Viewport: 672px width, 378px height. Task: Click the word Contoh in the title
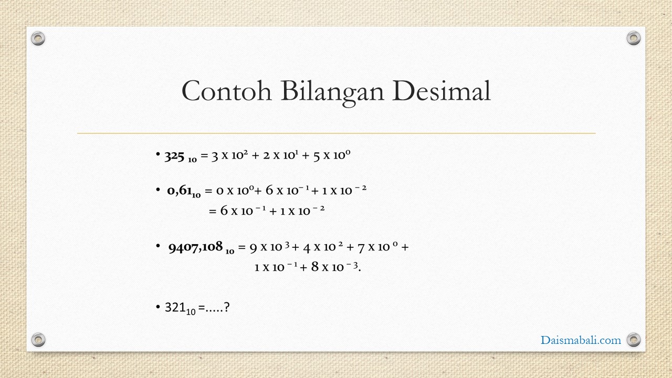point(227,91)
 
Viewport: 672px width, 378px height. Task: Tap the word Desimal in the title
point(442,91)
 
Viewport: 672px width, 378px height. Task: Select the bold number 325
point(174,156)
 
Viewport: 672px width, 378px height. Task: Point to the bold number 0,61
point(180,190)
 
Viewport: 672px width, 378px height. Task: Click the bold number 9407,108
point(196,247)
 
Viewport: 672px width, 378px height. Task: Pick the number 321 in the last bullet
point(175,307)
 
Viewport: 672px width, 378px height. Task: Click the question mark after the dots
point(227,307)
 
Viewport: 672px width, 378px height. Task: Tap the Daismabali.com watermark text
point(581,340)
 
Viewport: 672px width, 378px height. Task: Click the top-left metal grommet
point(38,38)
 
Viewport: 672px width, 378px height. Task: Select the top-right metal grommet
point(634,38)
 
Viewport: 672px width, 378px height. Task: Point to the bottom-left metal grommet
point(38,340)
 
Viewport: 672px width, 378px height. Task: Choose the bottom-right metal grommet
point(634,340)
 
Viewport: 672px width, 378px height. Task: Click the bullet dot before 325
point(158,154)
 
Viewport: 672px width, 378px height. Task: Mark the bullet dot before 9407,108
point(158,246)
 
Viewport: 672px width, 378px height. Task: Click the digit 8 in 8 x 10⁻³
point(314,266)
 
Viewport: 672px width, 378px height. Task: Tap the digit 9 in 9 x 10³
point(254,248)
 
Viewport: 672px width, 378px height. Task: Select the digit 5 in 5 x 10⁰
point(317,156)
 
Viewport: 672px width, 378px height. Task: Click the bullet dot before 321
point(158,307)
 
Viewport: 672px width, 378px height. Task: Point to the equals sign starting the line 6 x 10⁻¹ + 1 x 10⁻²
point(213,211)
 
